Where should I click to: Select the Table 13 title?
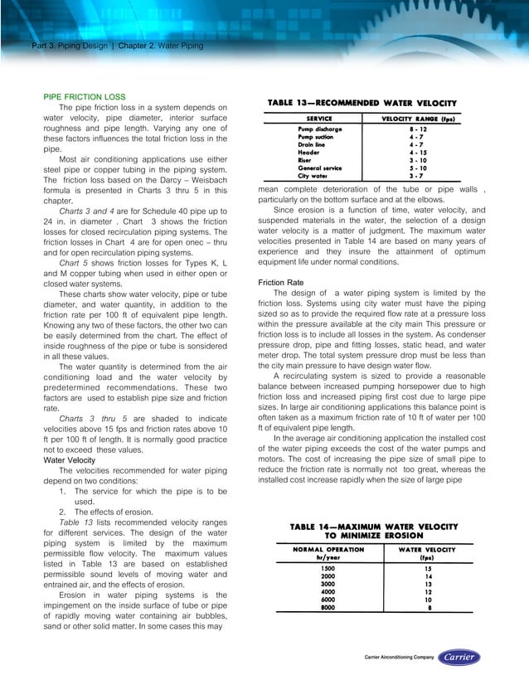coord(362,103)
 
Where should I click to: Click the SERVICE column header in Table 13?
coord(319,119)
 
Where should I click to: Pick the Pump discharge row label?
coord(320,130)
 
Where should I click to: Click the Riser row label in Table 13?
coord(306,160)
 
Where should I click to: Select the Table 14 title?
coord(373,532)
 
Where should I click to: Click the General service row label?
coord(320,168)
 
